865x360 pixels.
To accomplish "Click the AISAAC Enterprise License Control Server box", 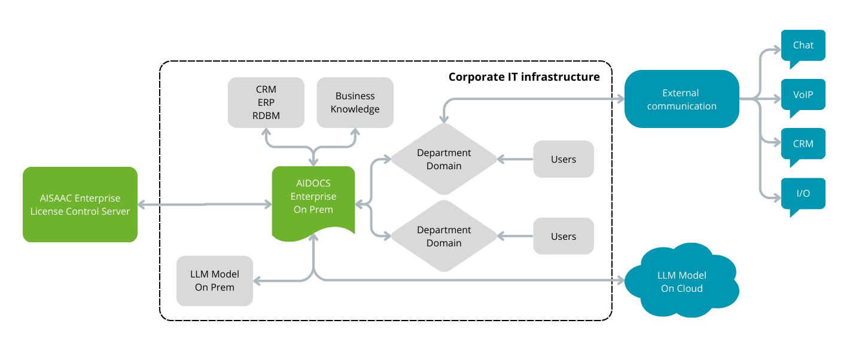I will [80, 205].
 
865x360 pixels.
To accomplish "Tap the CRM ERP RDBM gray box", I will [266, 102].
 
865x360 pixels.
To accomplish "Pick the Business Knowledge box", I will [355, 102].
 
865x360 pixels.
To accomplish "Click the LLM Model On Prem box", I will [214, 280].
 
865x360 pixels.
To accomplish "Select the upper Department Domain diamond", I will [443, 159].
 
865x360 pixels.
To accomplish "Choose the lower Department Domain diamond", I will [443, 236].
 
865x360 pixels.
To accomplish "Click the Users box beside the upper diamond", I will [563, 159].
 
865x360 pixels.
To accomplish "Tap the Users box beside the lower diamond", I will [563, 236].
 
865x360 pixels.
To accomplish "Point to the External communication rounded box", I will [681, 99].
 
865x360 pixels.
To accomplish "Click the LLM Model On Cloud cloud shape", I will [681, 282].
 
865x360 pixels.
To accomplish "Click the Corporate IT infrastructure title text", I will [523, 77].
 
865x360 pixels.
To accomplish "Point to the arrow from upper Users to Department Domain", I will [516, 159].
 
